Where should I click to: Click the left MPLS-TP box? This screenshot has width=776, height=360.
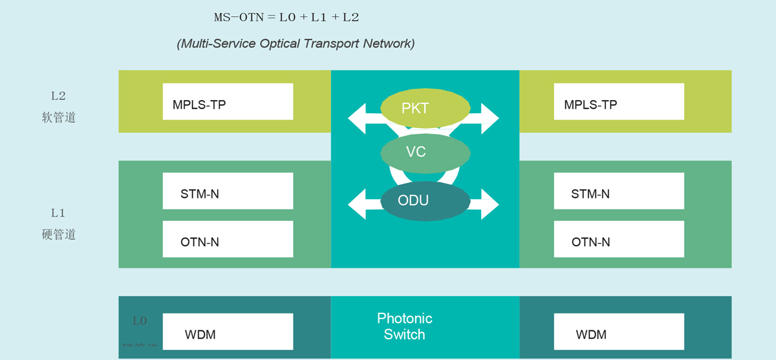pos(228,101)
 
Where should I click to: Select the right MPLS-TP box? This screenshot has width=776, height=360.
pos(619,101)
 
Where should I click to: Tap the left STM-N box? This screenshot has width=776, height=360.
pos(228,191)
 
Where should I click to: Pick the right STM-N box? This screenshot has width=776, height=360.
pos(619,191)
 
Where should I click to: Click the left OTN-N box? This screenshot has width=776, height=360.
pos(228,239)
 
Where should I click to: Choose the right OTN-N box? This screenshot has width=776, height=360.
pos(619,239)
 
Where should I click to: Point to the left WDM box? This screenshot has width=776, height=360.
pos(228,332)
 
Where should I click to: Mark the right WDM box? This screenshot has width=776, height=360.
pos(619,332)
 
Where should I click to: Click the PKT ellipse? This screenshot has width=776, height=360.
pos(415,108)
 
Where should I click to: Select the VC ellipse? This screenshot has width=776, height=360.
pos(415,153)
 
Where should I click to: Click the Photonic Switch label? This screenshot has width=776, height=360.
pos(405,326)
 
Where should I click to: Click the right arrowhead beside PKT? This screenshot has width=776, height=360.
pos(490,118)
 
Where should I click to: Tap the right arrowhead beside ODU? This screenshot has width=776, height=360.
pos(490,204)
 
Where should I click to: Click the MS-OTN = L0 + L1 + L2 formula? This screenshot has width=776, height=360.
pos(286,17)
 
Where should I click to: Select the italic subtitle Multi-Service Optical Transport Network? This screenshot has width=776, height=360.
pos(296,44)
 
